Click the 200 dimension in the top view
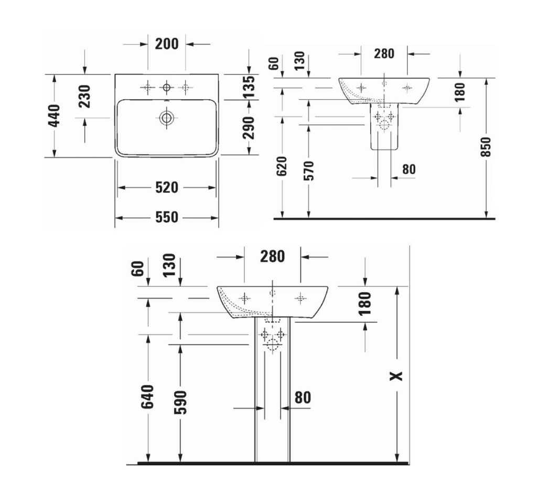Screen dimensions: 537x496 click(167, 44)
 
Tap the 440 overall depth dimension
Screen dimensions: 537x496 click(54, 116)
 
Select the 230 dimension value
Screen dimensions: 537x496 click(84, 96)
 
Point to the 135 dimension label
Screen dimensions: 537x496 click(249, 87)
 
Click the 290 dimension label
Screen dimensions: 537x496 click(249, 128)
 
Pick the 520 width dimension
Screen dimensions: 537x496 click(167, 188)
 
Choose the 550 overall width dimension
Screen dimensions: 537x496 click(167, 217)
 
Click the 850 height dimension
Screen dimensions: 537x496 click(486, 147)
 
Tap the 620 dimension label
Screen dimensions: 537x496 click(282, 166)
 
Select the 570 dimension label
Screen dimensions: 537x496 click(309, 170)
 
